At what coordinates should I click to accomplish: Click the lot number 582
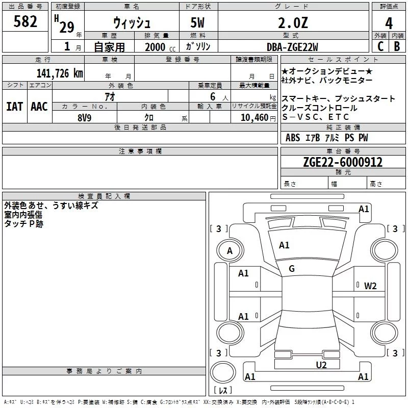[25, 21]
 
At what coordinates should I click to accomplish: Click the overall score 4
[389, 22]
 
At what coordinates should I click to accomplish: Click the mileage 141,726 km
[59, 73]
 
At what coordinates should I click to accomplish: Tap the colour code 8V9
[85, 117]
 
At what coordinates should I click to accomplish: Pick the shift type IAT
[14, 107]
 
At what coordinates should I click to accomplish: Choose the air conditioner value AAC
[39, 107]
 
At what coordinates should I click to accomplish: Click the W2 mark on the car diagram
[370, 286]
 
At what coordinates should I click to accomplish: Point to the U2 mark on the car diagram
[321, 365]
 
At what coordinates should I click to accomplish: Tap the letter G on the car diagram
[292, 269]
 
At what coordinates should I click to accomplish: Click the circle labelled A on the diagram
[229, 250]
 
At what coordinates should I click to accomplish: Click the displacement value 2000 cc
[159, 47]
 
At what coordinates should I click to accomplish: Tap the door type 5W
[198, 23]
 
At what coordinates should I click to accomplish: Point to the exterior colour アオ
[109, 97]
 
